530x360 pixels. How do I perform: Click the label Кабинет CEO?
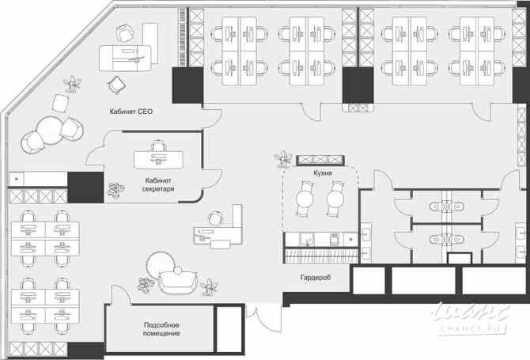[131, 112]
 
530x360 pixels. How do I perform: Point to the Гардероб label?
[315, 279]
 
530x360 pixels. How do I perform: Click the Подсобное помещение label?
[161, 329]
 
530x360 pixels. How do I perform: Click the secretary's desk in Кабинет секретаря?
[158, 159]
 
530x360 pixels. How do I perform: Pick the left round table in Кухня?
[304, 199]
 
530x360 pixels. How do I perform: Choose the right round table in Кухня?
[336, 199]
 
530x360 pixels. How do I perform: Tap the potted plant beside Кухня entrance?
[281, 160]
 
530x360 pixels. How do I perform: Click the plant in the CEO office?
[74, 83]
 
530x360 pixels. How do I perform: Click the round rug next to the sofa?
[161, 263]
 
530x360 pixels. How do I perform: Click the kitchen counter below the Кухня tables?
[320, 238]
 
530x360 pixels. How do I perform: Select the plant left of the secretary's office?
[115, 191]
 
